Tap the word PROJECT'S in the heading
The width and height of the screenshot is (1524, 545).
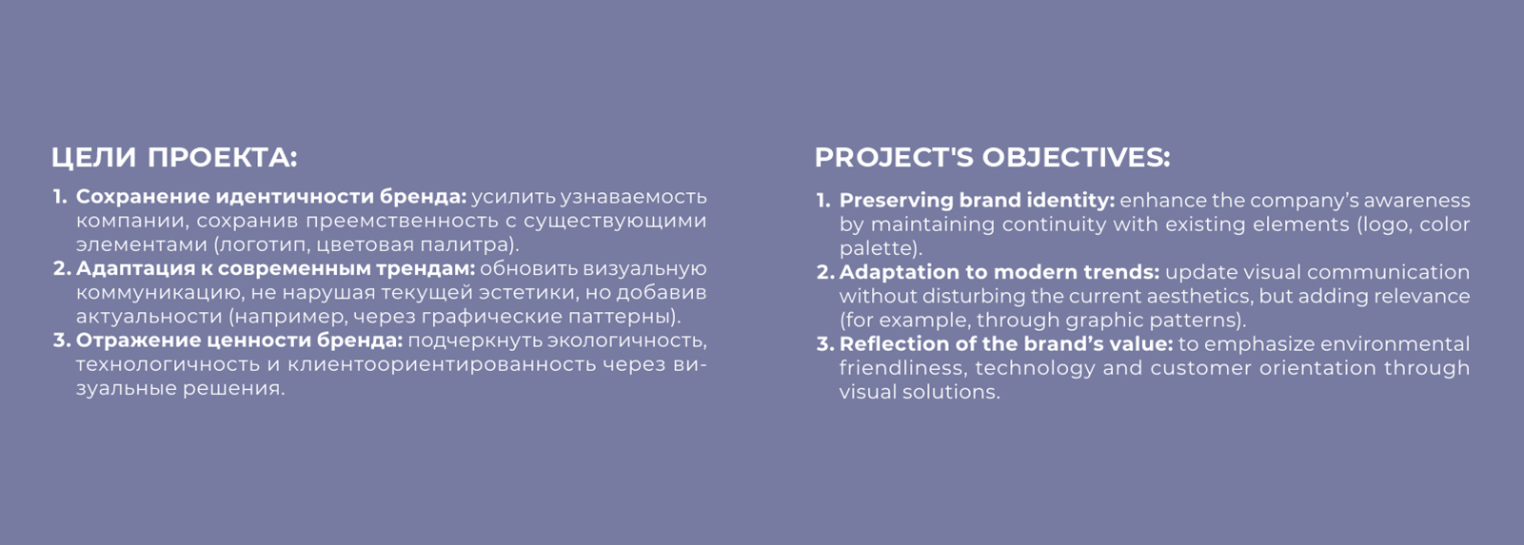click(x=894, y=157)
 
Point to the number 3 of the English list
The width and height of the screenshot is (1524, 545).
click(x=824, y=344)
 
